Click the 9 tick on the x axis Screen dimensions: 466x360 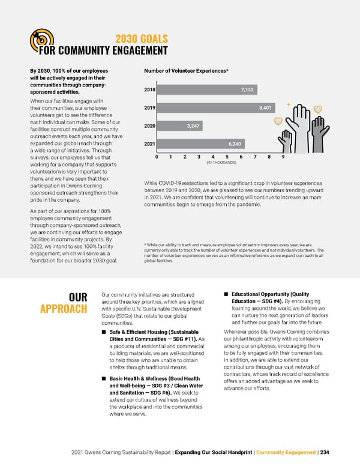(283, 157)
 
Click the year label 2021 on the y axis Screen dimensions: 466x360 (150, 144)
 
